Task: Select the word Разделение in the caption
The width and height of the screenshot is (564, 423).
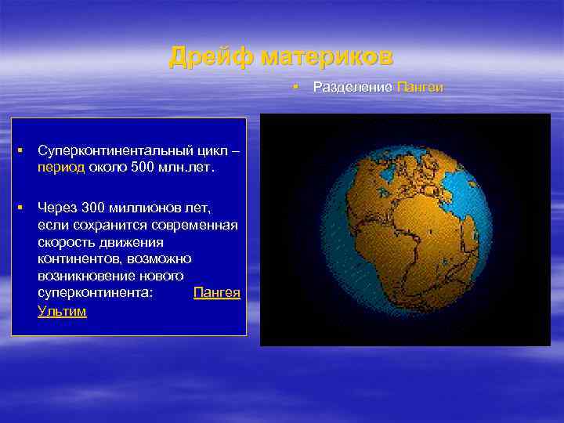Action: (352, 87)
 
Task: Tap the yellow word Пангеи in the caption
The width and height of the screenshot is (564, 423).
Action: (420, 87)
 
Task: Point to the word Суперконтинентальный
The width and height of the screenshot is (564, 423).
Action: (124, 150)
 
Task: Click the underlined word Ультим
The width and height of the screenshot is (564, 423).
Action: (62, 311)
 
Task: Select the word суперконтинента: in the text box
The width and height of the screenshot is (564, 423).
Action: (95, 292)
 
